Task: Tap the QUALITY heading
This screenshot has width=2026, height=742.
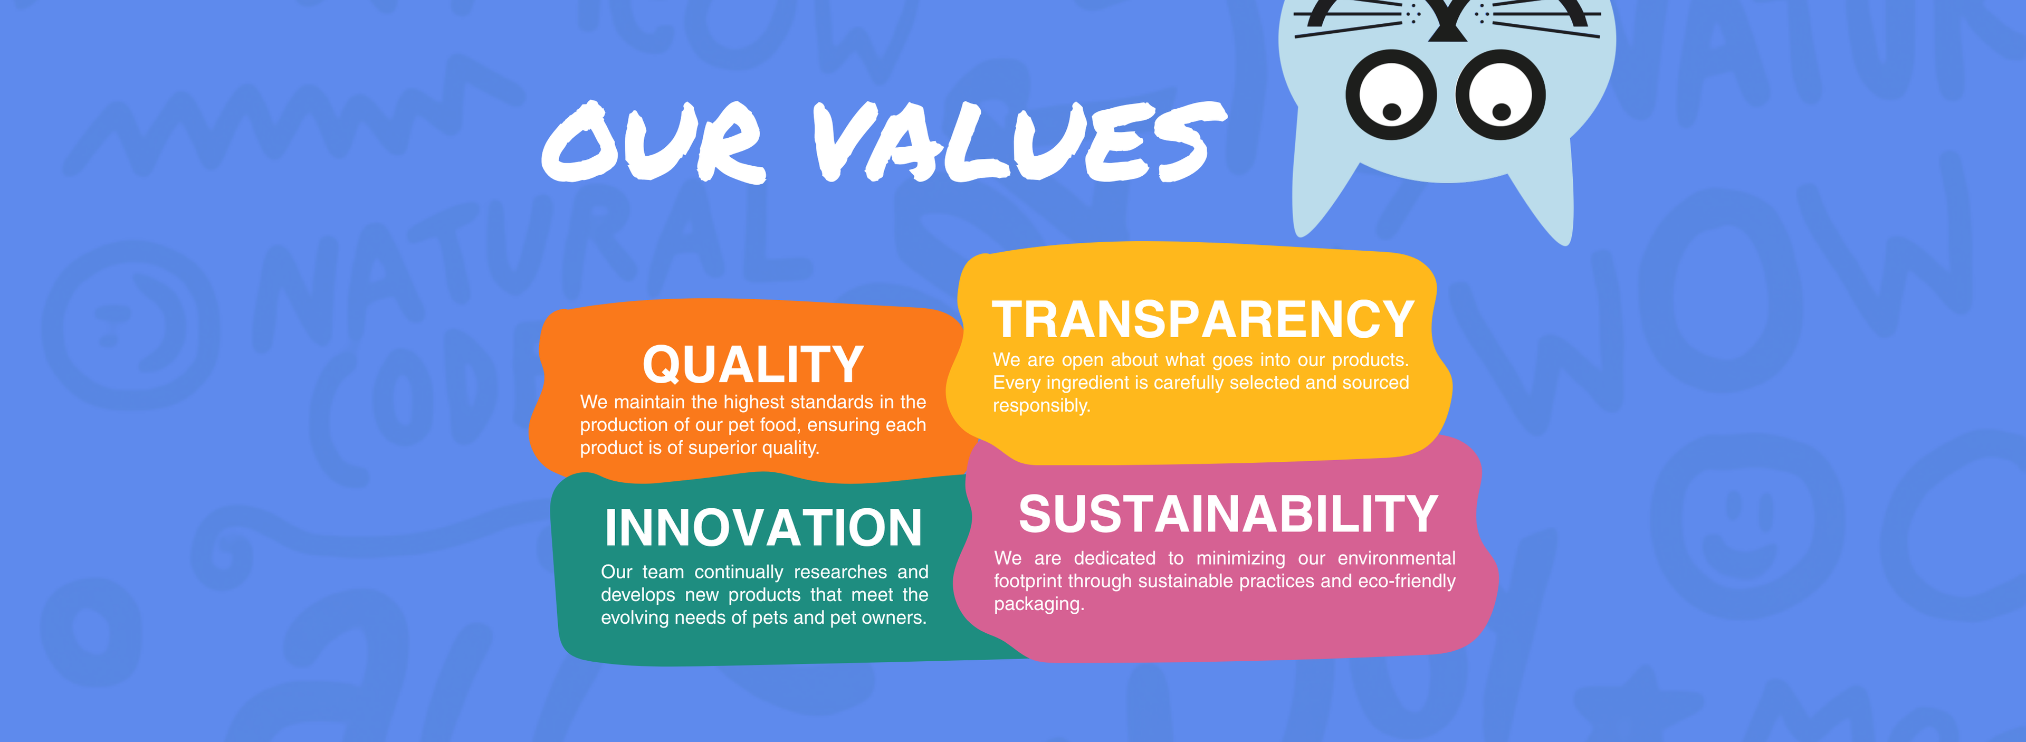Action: tap(753, 364)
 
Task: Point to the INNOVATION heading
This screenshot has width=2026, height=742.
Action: tap(763, 527)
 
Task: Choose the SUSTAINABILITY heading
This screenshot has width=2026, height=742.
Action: tap(1228, 514)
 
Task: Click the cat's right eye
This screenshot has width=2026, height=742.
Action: tap(1500, 95)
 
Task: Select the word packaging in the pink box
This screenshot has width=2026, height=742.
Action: tap(1039, 604)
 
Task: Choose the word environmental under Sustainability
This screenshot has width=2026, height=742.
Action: tap(1396, 558)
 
